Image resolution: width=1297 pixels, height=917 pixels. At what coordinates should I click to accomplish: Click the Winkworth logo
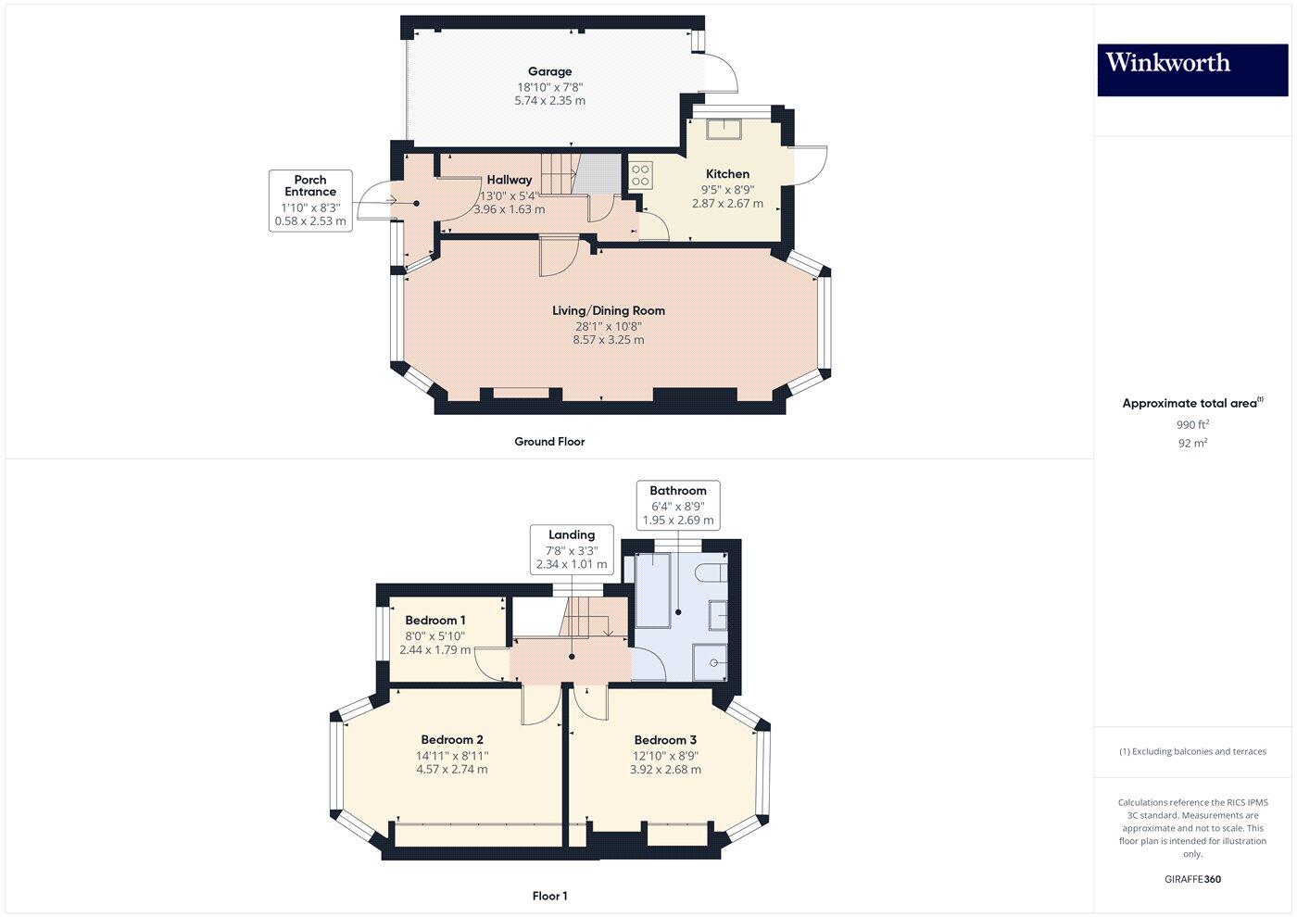coord(1192,69)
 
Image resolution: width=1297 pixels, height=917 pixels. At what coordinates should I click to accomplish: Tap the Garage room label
coord(549,71)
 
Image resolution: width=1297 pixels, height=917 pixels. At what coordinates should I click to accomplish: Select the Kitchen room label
coord(727,174)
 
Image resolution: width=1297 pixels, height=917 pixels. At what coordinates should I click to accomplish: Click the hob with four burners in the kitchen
coord(640,176)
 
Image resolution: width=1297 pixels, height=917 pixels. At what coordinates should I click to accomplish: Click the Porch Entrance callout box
coord(310,200)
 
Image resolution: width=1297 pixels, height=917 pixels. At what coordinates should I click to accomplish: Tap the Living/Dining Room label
coord(609,311)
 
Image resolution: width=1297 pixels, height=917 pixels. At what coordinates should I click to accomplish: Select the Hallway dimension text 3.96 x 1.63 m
coord(509,209)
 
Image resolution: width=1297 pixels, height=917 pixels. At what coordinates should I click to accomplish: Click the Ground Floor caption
coord(549,442)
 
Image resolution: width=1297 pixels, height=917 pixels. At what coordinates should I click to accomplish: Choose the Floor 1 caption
coord(549,896)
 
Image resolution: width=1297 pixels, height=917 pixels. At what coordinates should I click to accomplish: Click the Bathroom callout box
coord(678,505)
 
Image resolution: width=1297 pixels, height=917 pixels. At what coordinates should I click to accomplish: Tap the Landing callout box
coord(572,549)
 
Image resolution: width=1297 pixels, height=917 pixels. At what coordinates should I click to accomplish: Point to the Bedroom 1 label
coord(435,621)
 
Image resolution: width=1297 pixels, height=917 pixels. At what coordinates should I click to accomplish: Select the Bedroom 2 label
coord(452,740)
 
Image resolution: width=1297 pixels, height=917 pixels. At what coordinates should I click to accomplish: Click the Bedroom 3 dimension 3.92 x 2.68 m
coord(665,770)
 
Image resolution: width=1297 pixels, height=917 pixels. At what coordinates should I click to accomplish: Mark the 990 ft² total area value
coord(1192,425)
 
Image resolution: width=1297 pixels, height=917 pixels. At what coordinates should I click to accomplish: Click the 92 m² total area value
coord(1192,444)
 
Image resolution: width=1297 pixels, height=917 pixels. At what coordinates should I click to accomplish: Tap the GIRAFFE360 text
coord(1192,879)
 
